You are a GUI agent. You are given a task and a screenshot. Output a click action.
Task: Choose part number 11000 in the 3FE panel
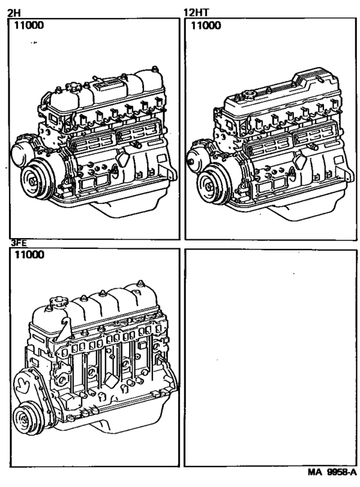pos(29,255)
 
